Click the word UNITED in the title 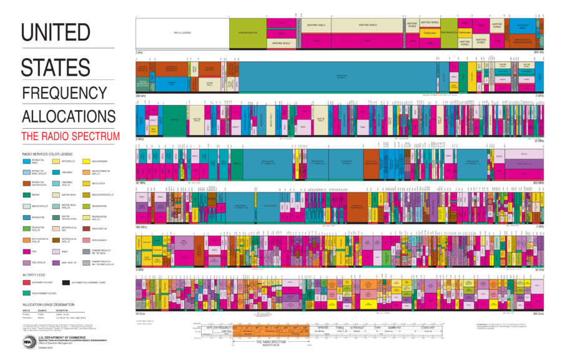[x=56, y=32]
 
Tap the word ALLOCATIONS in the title [x=68, y=116]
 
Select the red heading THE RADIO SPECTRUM [x=70, y=136]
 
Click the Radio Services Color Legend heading [x=47, y=153]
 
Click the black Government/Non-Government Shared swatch [x=66, y=282]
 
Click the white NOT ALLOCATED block [x=182, y=32]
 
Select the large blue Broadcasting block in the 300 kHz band [x=341, y=76]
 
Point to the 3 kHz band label [x=140, y=52]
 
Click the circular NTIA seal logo [x=27, y=342]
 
